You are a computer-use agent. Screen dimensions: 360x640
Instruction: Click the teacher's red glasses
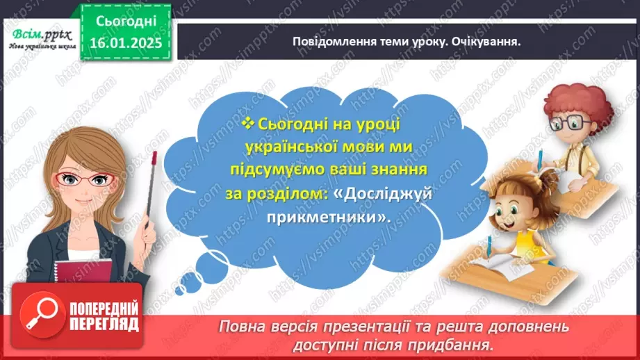tap(86, 179)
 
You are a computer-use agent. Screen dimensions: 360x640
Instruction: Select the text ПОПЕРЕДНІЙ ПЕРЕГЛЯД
tap(104, 316)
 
